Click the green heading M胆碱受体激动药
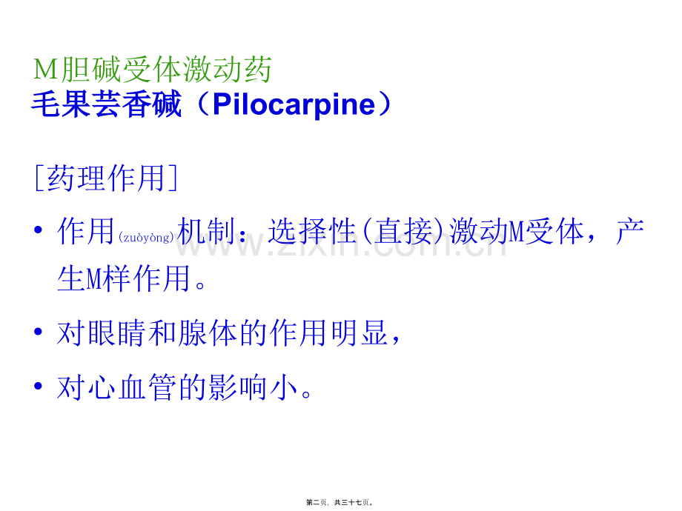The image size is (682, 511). [153, 70]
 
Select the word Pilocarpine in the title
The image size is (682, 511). [294, 105]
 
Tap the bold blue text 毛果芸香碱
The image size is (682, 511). [106, 104]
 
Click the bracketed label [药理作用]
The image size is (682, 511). [106, 178]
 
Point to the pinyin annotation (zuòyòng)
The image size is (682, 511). [146, 237]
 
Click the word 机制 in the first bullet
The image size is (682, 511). [206, 231]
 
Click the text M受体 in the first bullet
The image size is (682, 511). [546, 231]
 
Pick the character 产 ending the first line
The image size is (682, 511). [630, 231]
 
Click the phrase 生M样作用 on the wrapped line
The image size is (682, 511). [124, 278]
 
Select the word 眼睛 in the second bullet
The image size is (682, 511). [116, 333]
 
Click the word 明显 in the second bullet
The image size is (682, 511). [360, 333]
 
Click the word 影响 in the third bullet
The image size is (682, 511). [238, 387]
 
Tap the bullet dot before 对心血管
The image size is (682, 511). [39, 385]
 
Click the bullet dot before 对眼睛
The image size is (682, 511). [39, 332]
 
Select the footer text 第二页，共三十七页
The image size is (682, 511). [340, 502]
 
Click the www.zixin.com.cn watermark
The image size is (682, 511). [341, 244]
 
